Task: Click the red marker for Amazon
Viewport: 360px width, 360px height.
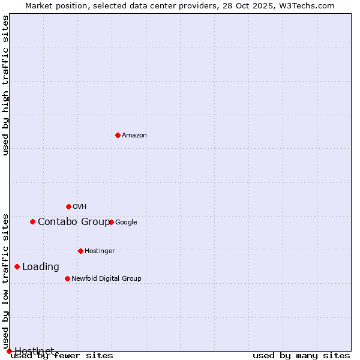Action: pos(118,135)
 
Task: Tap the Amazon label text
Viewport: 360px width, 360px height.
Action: pos(134,136)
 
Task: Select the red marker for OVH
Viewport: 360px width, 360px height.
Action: pos(68,206)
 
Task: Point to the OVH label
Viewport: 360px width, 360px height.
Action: pos(80,207)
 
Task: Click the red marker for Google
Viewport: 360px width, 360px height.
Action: pos(111,222)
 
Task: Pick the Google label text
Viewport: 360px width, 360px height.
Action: pos(126,223)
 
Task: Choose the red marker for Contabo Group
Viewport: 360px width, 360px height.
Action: pos(32,221)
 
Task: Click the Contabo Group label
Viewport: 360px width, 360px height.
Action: pos(74,222)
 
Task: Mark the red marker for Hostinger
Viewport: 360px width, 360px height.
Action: pos(80,251)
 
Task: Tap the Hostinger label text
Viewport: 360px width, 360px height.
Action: pos(100,251)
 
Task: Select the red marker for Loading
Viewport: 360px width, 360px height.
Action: pos(17,266)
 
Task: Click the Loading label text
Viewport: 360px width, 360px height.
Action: pos(41,267)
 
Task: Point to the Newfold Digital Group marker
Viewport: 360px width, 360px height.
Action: pos(67,278)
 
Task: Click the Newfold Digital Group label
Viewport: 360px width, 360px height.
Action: pos(106,279)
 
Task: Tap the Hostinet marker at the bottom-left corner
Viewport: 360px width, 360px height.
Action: pos(9,351)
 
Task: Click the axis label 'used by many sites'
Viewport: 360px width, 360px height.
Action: pos(301,356)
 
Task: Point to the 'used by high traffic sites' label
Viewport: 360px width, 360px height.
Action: pos(6,85)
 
